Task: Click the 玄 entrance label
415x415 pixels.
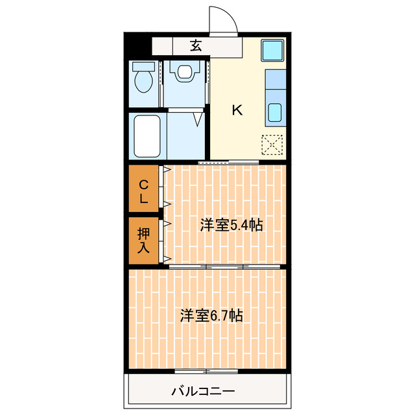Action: coord(195,45)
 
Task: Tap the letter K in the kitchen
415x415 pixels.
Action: coord(237,110)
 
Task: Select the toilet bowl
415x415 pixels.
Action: coord(143,82)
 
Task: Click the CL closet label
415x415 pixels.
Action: coord(143,191)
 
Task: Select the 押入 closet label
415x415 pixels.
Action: coord(143,240)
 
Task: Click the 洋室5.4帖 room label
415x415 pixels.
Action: coord(231,225)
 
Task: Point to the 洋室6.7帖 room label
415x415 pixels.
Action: coord(211,316)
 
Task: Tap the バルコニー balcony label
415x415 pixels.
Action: coord(203,391)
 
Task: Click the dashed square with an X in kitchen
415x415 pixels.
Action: coord(272,145)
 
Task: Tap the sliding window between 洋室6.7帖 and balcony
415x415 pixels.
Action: coord(207,371)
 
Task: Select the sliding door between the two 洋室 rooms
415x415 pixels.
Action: coord(225,266)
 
